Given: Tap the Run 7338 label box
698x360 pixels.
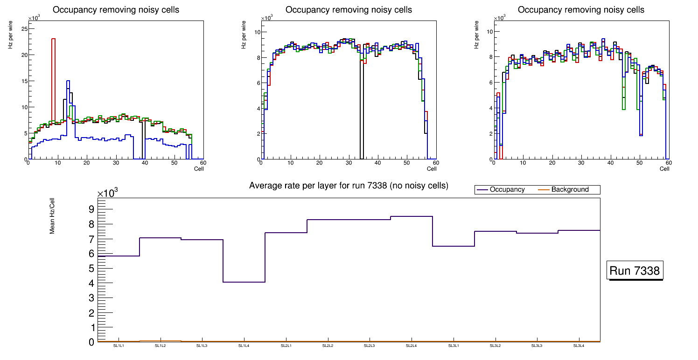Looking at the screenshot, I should tap(635, 271).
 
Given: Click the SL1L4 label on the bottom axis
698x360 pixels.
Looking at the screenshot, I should tap(244, 346).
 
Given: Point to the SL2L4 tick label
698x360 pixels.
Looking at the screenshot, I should tap(411, 346).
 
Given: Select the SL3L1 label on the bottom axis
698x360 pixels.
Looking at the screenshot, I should tap(453, 346).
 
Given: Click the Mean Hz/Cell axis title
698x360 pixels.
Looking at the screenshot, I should tap(53, 215).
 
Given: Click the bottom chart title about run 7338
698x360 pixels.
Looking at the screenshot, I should tap(349, 186).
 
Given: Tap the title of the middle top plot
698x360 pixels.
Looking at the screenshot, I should tap(349, 10).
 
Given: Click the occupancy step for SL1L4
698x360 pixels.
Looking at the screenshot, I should tap(244, 282).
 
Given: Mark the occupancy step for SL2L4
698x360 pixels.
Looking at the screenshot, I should tap(411, 216).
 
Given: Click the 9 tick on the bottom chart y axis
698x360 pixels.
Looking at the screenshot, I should tap(91, 209).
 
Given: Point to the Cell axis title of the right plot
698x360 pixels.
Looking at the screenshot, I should tap(664, 169).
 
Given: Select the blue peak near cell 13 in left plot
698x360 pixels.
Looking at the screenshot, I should tap(68, 82).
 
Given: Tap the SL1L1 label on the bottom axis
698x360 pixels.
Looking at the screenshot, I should tap(119, 346).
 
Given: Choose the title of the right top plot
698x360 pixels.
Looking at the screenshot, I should tap(581, 10).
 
